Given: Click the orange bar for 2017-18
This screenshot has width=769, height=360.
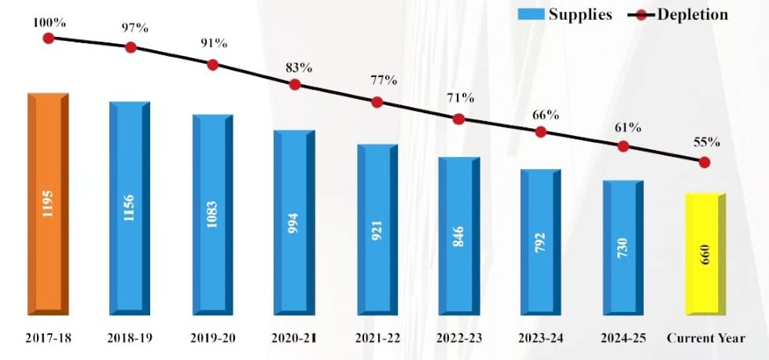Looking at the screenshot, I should (x=48, y=204).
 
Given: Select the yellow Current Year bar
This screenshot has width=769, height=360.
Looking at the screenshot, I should (x=705, y=255).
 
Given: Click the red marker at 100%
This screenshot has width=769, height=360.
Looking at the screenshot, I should (x=49, y=38).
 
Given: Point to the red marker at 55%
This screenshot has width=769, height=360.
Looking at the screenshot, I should (x=705, y=162).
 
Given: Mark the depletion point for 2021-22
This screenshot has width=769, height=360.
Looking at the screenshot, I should (x=377, y=102).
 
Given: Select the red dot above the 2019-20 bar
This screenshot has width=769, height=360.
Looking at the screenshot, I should (x=212, y=64).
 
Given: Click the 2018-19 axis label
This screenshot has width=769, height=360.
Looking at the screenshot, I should (x=131, y=339).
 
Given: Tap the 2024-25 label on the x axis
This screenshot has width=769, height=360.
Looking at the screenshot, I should (x=622, y=339).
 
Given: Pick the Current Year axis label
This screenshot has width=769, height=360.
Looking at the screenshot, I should (x=705, y=339).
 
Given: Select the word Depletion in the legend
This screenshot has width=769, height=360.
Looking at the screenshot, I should (x=693, y=14).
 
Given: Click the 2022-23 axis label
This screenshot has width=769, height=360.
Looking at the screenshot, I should (x=458, y=339).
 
